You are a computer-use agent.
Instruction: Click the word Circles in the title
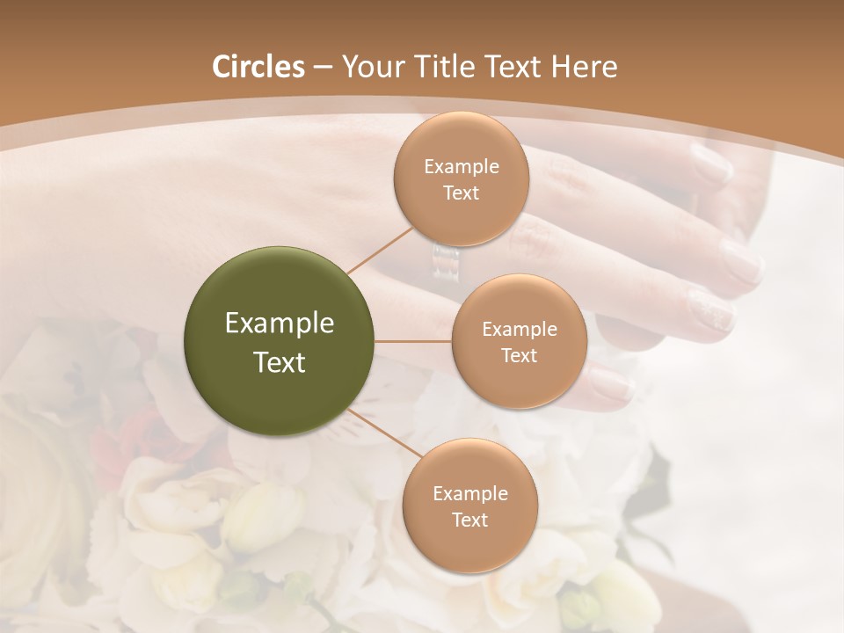[258, 67]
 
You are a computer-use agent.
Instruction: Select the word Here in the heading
[584, 67]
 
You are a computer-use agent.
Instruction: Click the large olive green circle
[280, 341]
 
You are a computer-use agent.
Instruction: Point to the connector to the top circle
[380, 250]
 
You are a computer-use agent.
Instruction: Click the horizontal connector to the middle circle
[413, 341]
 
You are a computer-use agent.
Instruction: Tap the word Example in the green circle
[280, 324]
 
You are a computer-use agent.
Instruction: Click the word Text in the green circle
[280, 362]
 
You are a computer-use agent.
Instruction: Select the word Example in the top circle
[461, 166]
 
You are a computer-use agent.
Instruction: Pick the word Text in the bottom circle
[469, 520]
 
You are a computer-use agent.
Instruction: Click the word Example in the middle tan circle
[519, 329]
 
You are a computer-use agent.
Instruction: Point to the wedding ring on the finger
[445, 262]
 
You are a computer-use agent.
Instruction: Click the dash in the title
[323, 67]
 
